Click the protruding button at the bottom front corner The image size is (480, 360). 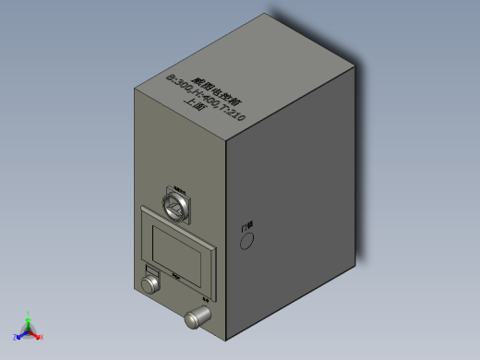point(197,318)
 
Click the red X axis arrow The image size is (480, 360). point(37,335)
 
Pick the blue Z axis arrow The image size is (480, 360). point(21,333)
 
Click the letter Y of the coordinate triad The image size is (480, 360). point(29,313)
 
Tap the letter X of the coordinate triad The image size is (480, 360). point(42,337)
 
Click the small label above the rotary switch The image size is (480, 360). point(179,186)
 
